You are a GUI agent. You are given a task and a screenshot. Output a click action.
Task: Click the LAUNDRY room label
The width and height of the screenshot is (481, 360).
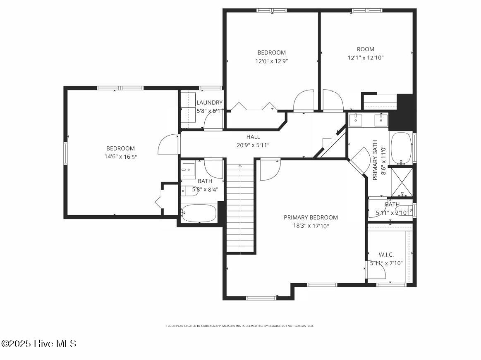[209, 103]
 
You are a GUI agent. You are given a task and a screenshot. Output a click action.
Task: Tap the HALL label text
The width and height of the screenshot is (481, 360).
[253, 137]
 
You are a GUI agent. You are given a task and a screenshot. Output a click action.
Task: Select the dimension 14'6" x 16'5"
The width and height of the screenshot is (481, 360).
[120, 157]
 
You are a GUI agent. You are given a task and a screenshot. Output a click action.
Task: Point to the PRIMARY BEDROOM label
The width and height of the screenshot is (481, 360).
[311, 217]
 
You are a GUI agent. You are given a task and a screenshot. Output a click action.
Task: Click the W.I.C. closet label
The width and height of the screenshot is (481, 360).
[386, 255]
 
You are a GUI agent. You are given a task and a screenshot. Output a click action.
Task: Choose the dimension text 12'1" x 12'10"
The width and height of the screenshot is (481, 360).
[365, 58]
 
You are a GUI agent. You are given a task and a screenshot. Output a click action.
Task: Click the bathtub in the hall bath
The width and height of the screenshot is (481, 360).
[199, 213]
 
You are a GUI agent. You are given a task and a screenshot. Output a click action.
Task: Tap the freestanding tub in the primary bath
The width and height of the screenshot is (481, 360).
[401, 148]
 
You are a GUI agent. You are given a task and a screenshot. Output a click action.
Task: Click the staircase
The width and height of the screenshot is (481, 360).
[240, 207]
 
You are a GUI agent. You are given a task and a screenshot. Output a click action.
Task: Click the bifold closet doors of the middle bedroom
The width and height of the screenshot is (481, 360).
[253, 107]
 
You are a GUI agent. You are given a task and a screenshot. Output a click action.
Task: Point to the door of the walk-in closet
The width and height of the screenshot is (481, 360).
[376, 269]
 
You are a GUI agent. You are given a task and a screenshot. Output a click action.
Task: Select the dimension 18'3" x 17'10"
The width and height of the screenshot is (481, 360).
[311, 226]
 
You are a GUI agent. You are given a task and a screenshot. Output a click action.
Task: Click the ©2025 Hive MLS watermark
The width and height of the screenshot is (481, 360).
[39, 343]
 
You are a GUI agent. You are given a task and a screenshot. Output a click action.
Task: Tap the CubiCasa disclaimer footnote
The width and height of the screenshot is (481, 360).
[240, 326]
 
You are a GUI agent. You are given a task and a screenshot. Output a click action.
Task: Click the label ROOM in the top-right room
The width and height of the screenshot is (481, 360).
[365, 49]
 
